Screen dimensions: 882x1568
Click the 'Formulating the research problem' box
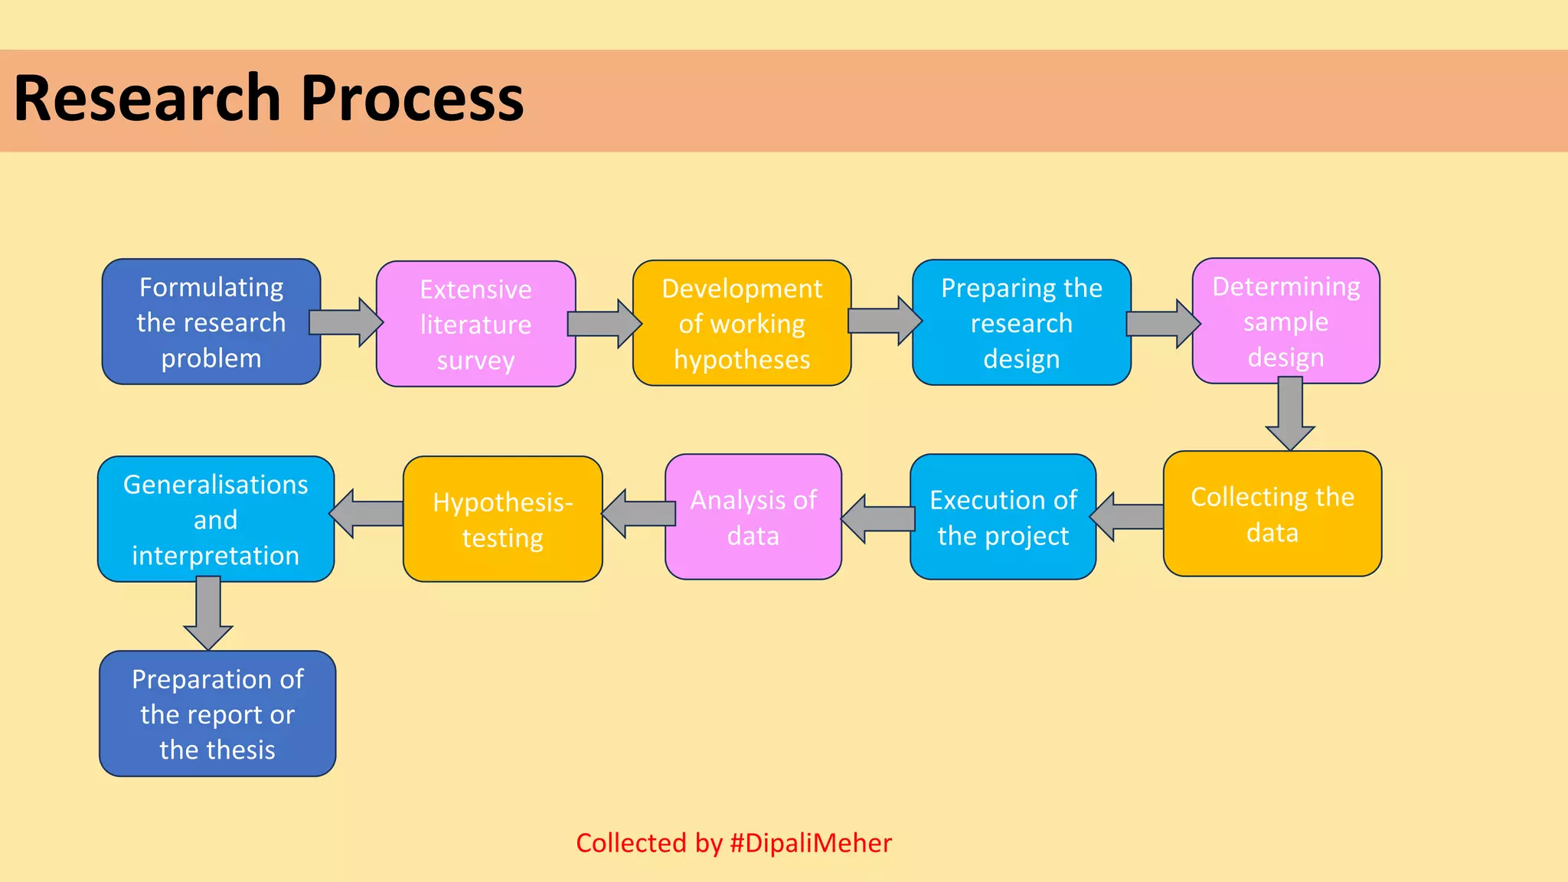(x=211, y=322)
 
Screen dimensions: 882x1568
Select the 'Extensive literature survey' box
(x=475, y=324)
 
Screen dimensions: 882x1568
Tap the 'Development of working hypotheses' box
(x=741, y=323)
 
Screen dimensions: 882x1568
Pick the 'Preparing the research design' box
(x=1021, y=322)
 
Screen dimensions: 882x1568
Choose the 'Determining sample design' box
(x=1285, y=321)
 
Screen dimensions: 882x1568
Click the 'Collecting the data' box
(x=1272, y=514)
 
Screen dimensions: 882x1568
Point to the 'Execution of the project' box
(x=1002, y=517)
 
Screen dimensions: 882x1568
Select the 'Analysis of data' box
(x=753, y=517)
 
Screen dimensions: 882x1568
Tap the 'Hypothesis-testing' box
(x=502, y=519)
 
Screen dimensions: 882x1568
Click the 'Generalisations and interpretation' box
(x=215, y=519)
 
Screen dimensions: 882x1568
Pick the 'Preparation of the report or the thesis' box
(x=217, y=714)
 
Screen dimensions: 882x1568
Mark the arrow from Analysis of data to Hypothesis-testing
(x=638, y=513)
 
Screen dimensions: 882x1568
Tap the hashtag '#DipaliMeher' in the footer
(x=811, y=843)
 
